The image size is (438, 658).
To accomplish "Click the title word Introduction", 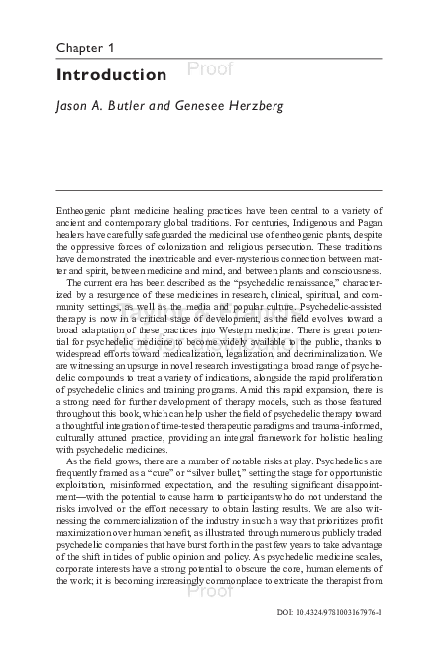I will click(x=111, y=75).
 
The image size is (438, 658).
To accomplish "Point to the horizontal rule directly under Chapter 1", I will click(x=218, y=59).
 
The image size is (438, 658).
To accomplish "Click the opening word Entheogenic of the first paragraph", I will click(x=83, y=212).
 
